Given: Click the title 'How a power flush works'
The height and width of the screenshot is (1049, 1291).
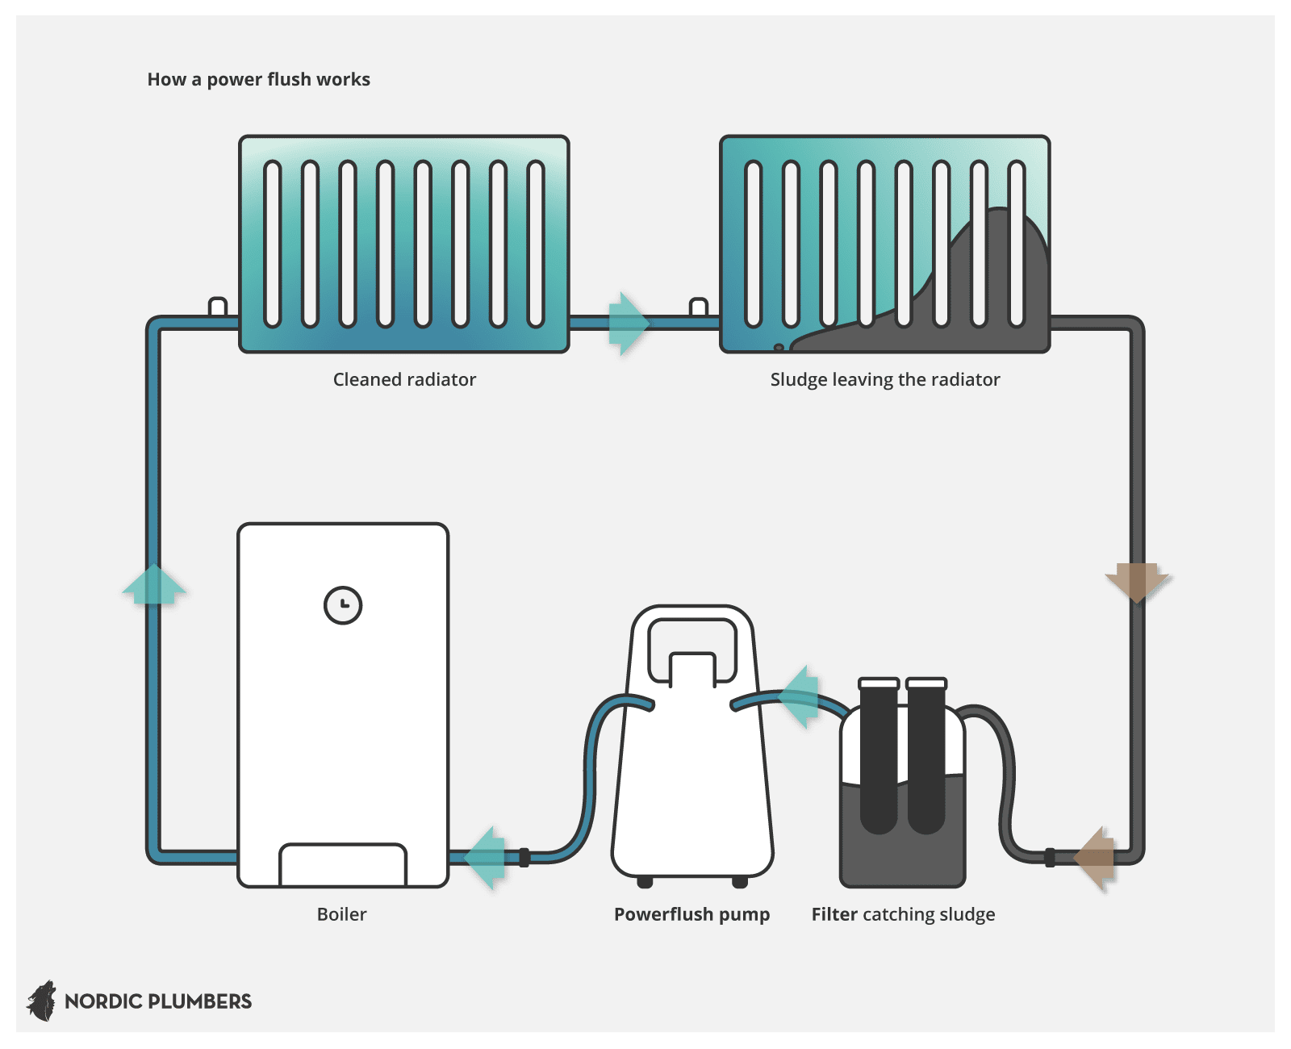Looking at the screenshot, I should pos(258,79).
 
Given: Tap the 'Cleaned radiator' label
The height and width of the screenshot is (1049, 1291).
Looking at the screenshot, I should pos(404,379).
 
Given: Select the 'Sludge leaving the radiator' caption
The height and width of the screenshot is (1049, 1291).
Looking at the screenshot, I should pos(884,379).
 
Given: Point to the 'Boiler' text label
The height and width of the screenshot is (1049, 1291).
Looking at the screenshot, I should pos(341,914).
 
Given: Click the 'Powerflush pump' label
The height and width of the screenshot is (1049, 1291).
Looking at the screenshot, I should pos(691,914).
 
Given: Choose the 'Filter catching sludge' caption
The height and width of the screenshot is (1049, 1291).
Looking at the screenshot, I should pos(903,914).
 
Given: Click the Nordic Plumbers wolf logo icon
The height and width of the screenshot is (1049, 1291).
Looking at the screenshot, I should pos(42,1001).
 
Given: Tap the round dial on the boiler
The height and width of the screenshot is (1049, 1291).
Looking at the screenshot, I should pos(343,605).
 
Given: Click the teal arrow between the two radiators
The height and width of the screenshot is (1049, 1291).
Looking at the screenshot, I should pos(628,324).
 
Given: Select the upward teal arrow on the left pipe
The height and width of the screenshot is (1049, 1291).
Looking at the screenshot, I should pos(153,584).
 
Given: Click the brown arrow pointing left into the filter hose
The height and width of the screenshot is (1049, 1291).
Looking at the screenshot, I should pos(1096,858).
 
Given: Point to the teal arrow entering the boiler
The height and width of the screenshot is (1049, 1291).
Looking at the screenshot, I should pos(486,858).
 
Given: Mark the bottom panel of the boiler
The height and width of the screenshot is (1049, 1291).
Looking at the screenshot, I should pos(343,865).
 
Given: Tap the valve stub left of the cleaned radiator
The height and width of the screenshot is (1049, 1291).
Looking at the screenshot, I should pos(218,307).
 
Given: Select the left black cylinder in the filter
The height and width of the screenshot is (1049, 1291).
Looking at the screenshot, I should pos(879,754).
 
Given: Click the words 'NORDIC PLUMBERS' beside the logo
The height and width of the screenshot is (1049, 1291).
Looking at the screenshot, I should pos(158,1001).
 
